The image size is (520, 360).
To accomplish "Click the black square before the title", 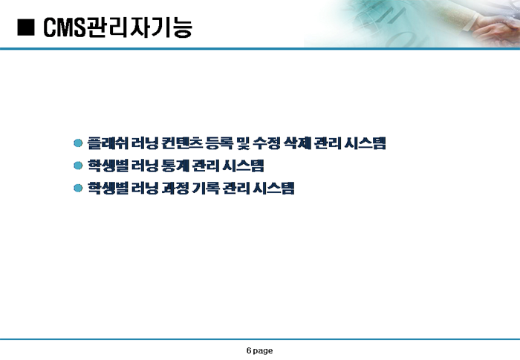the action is point(26,27).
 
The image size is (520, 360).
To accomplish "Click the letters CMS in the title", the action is point(65,27).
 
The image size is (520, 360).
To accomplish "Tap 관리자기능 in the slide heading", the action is point(139,27).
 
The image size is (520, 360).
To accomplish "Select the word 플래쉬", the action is point(108,143).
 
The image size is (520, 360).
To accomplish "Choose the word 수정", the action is point(267,143).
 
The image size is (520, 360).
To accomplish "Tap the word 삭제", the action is point(297,143).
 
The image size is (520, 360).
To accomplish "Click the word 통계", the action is point(175,166).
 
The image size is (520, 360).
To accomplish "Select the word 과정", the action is point(175,189).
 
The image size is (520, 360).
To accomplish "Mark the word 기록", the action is point(206,189).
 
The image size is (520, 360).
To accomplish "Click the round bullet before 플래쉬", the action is point(78,143).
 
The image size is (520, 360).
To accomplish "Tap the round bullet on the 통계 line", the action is point(78,166).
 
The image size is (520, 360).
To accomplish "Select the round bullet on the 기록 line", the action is point(78,189).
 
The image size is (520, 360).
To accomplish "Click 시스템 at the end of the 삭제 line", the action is point(365,143).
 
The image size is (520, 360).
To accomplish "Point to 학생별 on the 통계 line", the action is point(108,166).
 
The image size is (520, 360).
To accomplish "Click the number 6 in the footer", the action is point(249,350).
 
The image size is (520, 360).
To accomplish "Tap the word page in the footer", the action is point(263,351).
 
